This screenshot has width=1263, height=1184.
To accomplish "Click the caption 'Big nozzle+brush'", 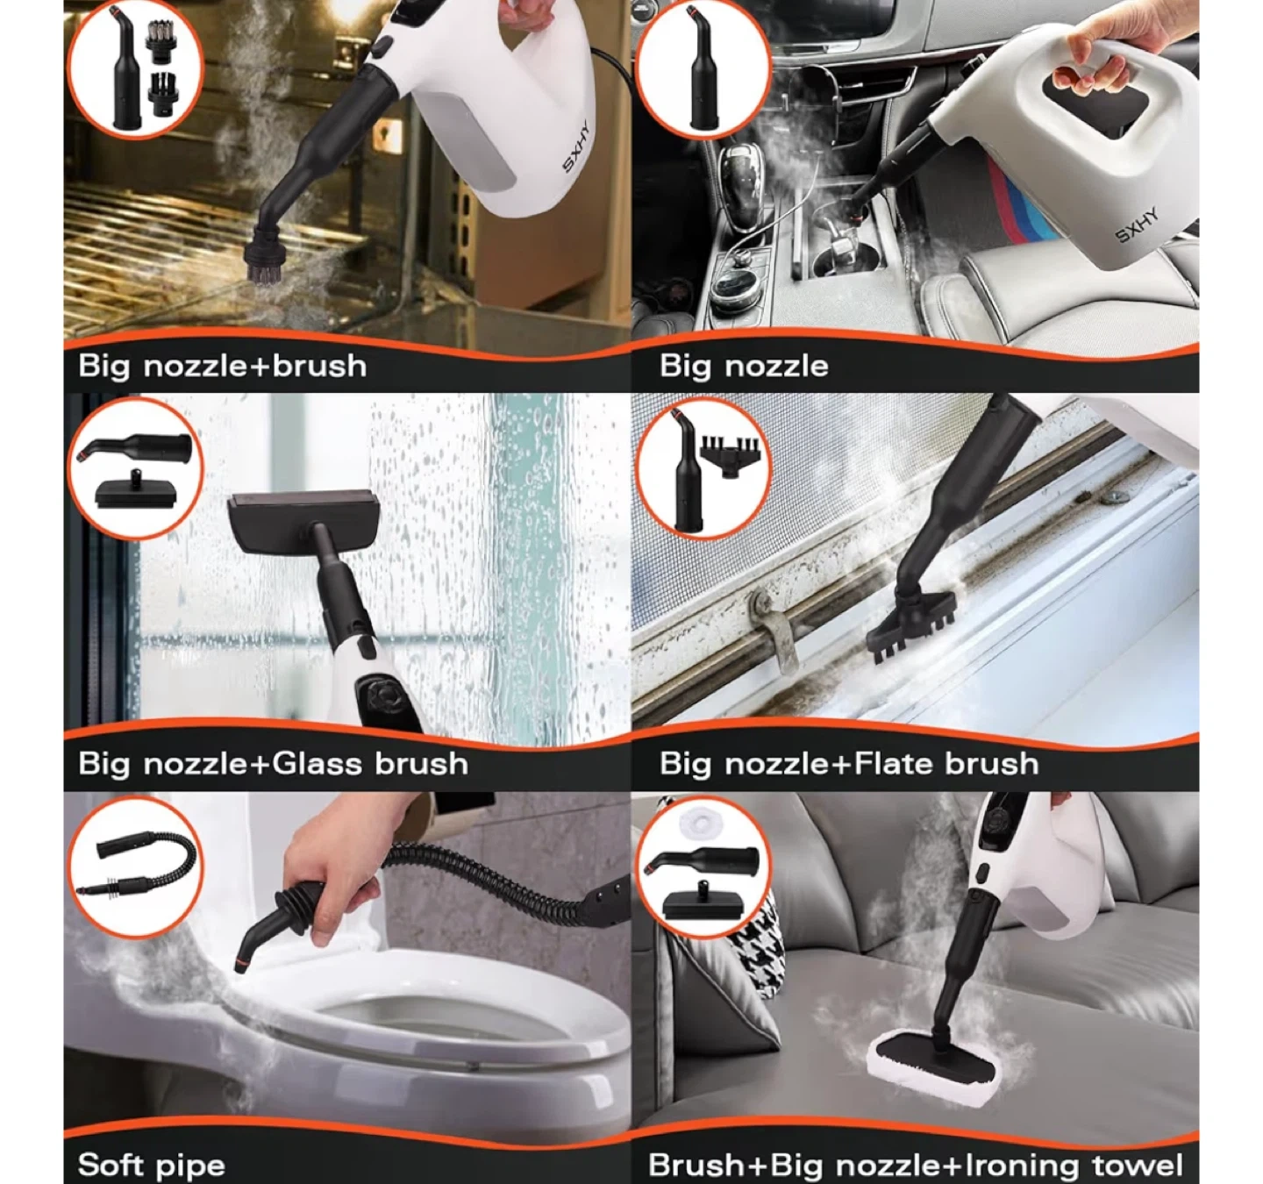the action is pos(222,367).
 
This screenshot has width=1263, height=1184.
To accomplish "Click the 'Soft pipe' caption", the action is pos(152,1165).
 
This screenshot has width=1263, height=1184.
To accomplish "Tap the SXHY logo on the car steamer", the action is pos(1137,225).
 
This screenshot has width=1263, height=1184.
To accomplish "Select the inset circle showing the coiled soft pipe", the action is pos(135,867).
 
